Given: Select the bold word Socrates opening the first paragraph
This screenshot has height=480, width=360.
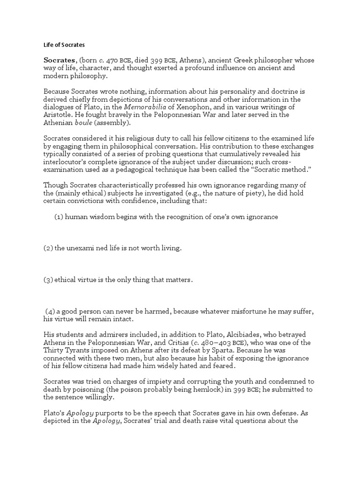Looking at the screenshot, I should click(x=60, y=60).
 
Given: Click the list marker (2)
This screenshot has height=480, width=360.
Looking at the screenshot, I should click(x=48, y=248).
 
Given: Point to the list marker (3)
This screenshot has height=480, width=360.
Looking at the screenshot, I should click(x=48, y=280).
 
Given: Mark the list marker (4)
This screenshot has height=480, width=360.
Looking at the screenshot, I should click(x=51, y=312).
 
